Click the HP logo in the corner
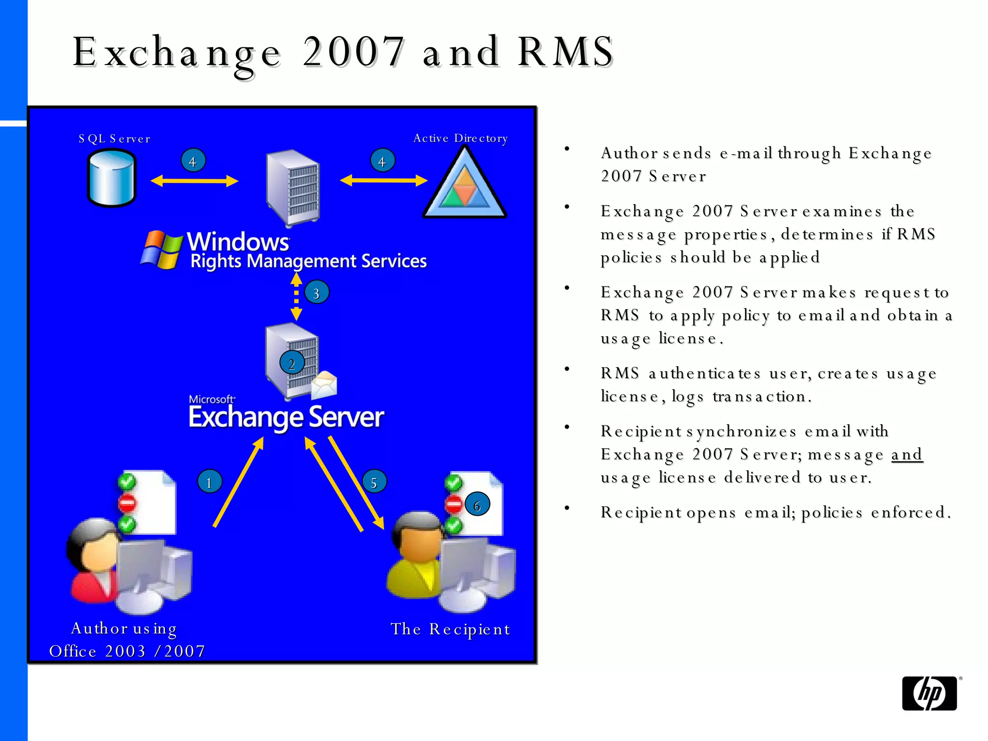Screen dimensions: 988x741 click(929, 693)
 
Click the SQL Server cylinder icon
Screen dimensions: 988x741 click(112, 178)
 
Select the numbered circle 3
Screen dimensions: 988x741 click(316, 292)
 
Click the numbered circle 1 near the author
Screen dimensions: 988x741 click(209, 481)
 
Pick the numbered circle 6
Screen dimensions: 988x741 click(477, 505)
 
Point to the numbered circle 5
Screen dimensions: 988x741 click(374, 481)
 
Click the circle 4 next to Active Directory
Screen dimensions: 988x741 click(382, 161)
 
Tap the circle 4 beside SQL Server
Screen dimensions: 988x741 click(193, 161)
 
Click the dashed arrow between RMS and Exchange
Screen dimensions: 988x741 click(296, 296)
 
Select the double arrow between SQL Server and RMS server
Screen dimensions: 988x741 click(194, 181)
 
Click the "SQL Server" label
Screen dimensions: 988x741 click(114, 139)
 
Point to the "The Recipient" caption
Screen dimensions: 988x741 click(450, 629)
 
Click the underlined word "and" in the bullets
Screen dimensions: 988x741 click(906, 454)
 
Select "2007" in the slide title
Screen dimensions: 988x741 click(353, 52)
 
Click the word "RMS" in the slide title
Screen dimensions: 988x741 click(565, 52)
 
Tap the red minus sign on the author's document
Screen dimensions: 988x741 click(127, 503)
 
